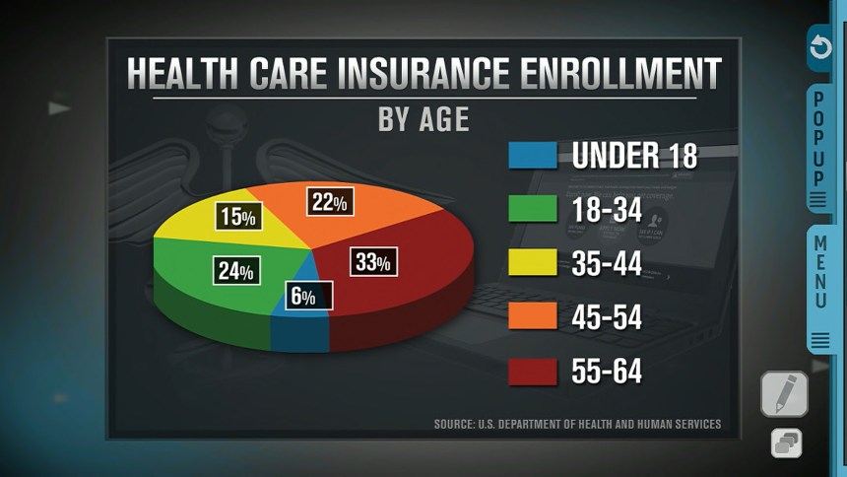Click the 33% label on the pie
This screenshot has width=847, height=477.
[x=373, y=262]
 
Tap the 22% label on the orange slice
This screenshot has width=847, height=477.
[x=330, y=203]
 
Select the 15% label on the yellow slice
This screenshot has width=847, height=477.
[x=237, y=217]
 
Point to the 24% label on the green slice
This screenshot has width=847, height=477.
[x=236, y=271]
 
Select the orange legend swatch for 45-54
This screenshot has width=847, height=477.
[x=532, y=317]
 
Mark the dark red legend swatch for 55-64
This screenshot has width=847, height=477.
[x=532, y=372]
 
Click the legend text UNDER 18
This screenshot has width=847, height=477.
[x=634, y=157]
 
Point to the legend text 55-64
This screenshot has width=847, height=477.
[x=607, y=372]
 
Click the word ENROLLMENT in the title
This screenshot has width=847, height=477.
[x=610, y=75]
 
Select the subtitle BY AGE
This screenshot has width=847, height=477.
[x=423, y=118]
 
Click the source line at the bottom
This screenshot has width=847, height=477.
[x=577, y=425]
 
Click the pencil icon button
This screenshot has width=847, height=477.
[x=784, y=394]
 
